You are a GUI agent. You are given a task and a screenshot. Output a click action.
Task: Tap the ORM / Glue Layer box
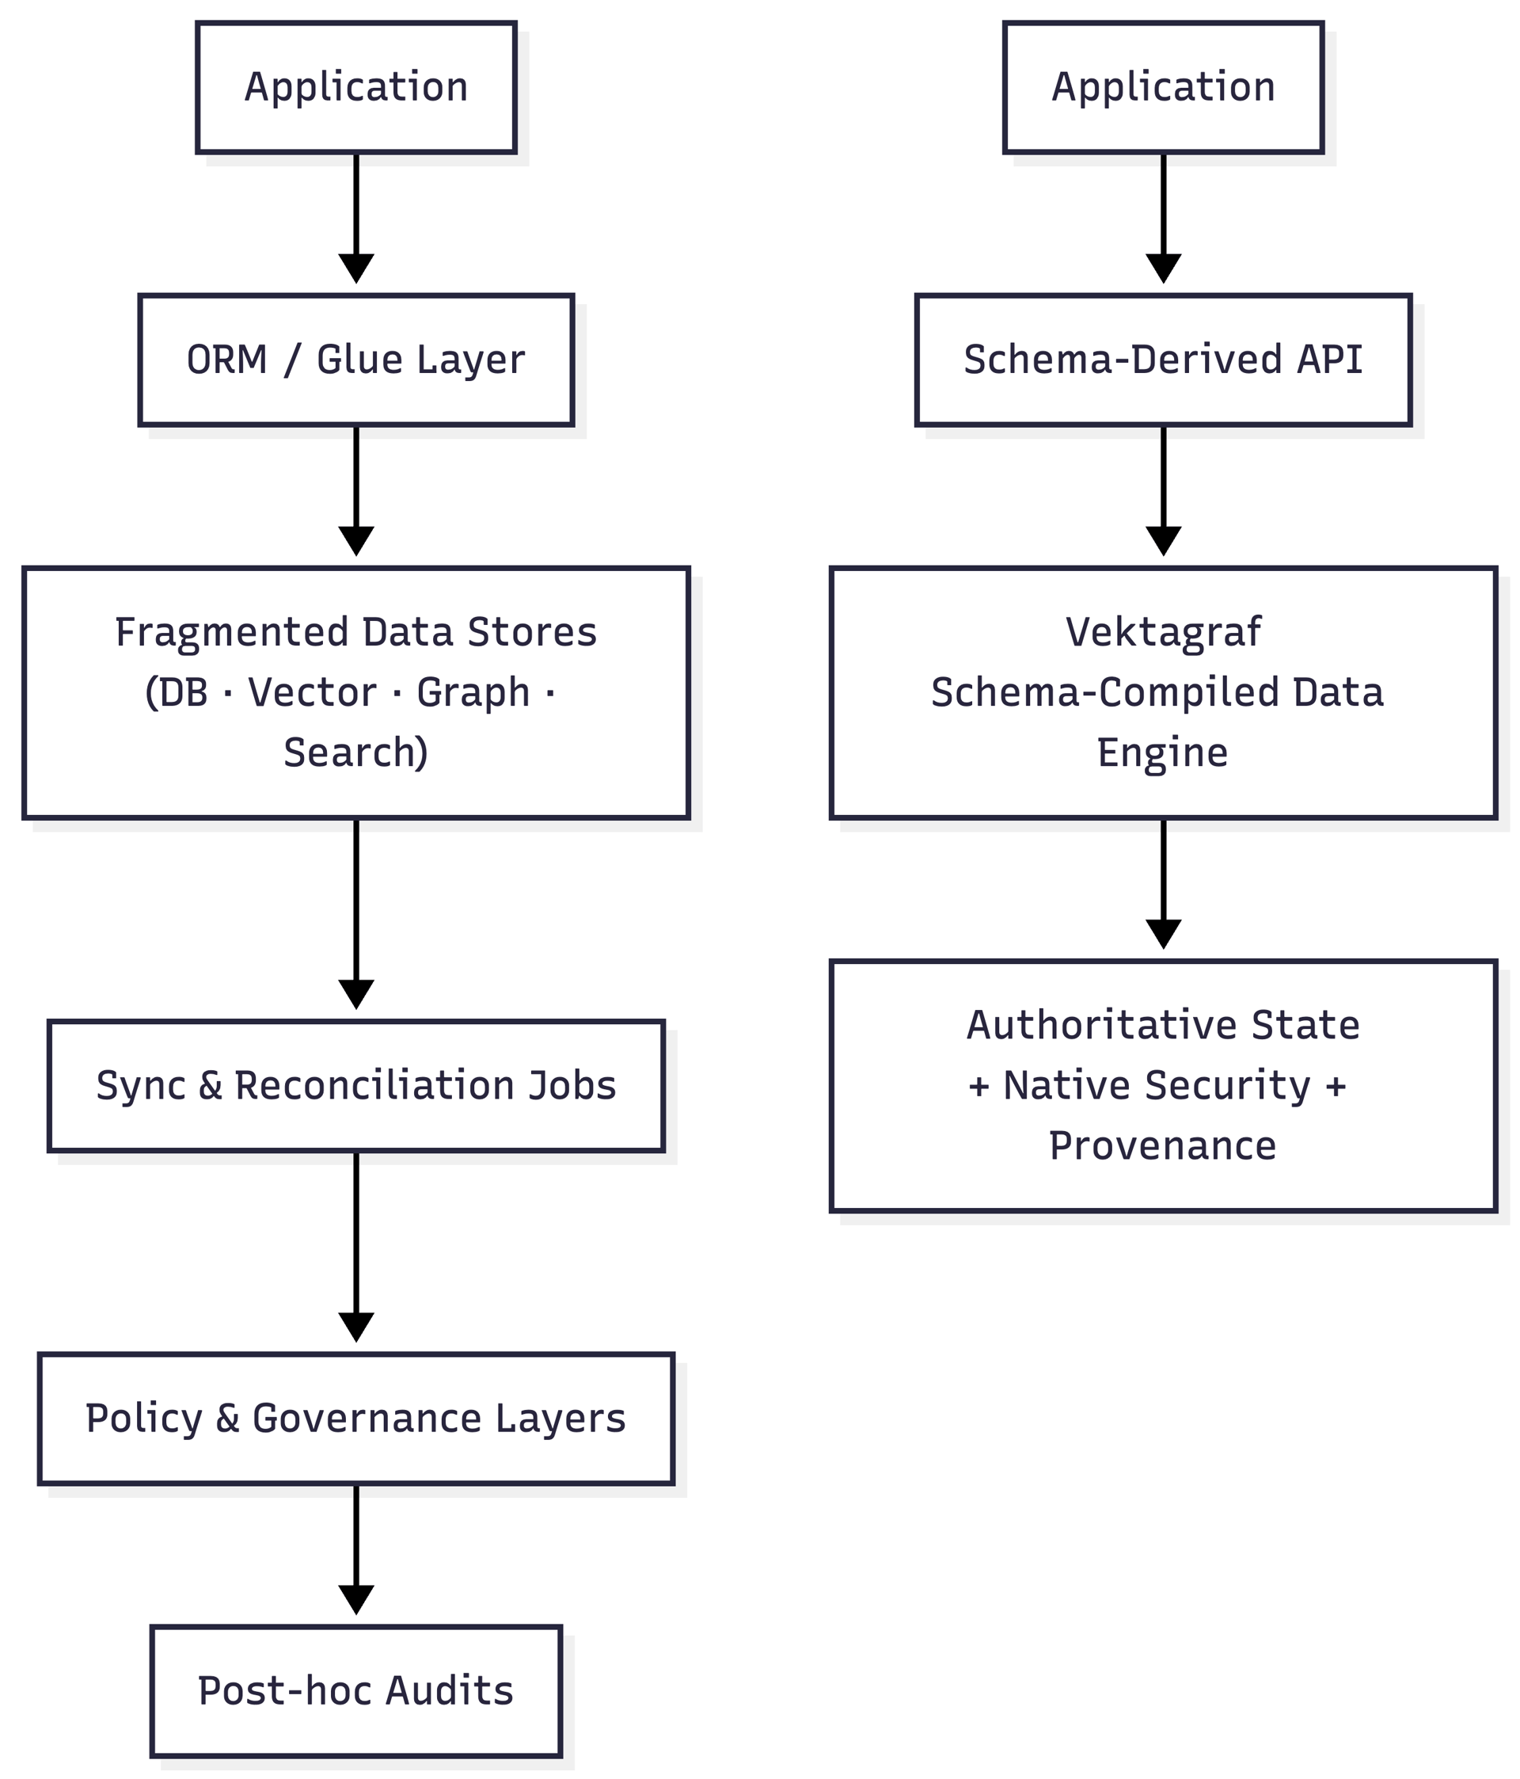(x=355, y=360)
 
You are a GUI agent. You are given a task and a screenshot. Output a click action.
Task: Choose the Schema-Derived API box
(x=1162, y=360)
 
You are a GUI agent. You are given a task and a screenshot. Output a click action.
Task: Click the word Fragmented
(x=233, y=633)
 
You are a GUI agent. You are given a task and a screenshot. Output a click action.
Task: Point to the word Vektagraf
(x=1162, y=633)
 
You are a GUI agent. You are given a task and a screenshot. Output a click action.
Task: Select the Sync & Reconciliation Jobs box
(x=355, y=1085)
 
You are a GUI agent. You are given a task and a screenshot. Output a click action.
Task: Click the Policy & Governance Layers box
(x=355, y=1419)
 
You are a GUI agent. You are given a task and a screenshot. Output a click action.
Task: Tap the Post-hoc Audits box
(x=355, y=1690)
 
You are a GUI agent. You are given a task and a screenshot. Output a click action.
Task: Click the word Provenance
(x=1162, y=1146)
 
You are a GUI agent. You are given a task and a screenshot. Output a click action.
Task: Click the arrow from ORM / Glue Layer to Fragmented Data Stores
(x=355, y=490)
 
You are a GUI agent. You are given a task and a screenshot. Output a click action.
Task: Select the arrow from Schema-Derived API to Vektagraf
(x=1162, y=490)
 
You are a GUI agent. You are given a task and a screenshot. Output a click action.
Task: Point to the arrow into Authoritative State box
(x=1162, y=884)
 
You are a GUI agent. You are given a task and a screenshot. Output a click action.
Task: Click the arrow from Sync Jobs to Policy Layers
(x=355, y=1245)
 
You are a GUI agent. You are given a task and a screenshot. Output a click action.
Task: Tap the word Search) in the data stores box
(x=355, y=753)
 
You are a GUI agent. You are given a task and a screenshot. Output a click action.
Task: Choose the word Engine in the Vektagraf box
(x=1162, y=753)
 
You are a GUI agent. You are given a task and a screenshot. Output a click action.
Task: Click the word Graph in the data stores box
(x=473, y=693)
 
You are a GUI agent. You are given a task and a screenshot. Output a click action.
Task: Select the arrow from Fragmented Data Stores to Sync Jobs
(x=355, y=914)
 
